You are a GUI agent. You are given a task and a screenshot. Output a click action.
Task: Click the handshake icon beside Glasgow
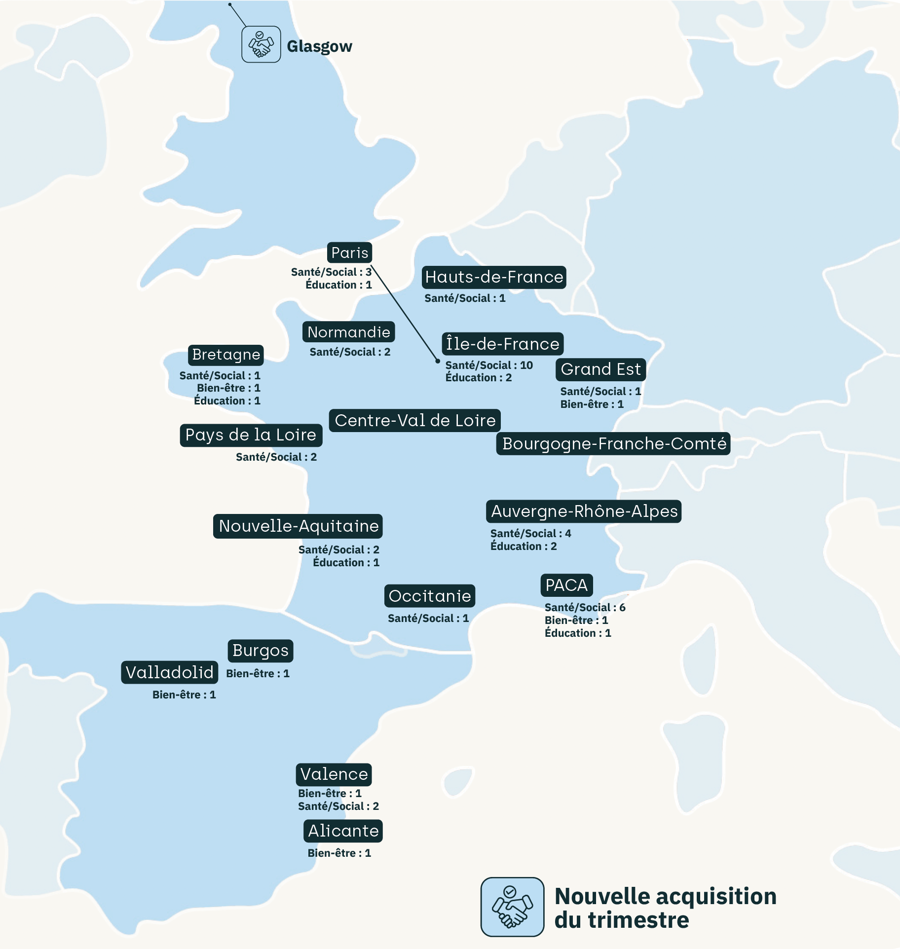261,44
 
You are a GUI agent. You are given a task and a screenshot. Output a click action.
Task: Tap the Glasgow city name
319,46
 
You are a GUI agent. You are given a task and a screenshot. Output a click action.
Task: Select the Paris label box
349,253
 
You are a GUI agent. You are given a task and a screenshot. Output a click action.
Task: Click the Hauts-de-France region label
494,277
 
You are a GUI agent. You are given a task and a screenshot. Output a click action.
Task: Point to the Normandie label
348,332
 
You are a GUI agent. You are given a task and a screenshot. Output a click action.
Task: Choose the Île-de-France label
502,344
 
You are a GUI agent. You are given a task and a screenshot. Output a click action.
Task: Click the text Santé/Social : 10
488,365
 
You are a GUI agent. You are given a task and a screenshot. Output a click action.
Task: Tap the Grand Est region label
600,369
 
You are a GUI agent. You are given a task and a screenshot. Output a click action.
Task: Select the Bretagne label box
226,354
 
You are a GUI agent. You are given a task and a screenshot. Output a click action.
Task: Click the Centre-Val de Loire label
415,420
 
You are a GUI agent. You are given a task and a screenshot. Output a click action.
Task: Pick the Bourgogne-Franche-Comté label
613,443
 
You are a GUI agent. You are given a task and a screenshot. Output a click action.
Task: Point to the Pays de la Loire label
251,435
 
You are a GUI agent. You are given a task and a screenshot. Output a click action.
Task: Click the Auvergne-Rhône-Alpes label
584,511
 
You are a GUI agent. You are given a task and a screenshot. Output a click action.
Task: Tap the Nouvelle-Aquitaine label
298,526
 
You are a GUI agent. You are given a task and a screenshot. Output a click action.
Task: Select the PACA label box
566,585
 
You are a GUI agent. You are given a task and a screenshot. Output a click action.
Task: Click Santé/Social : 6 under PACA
585,607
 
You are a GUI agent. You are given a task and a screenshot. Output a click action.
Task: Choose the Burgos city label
260,651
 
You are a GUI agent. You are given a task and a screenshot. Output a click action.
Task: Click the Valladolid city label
169,672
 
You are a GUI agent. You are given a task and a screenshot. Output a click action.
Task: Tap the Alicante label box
343,831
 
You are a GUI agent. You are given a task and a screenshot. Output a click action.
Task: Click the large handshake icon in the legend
512,907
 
